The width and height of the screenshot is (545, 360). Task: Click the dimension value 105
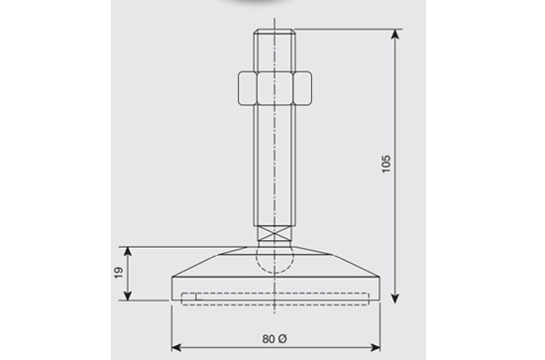(x=386, y=164)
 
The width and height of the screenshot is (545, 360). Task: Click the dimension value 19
(x=118, y=273)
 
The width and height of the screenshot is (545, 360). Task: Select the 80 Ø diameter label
(x=274, y=339)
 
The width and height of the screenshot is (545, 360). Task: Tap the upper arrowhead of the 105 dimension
(x=394, y=35)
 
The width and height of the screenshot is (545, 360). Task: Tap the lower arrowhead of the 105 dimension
(x=394, y=298)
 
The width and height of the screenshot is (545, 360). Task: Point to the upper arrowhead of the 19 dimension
(x=128, y=252)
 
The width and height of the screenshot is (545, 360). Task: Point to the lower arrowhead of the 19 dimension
(x=128, y=295)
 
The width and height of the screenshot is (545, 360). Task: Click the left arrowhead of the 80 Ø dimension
(x=176, y=347)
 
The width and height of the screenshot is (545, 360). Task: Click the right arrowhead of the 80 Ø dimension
(x=375, y=347)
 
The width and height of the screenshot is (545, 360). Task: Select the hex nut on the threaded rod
(x=274, y=88)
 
